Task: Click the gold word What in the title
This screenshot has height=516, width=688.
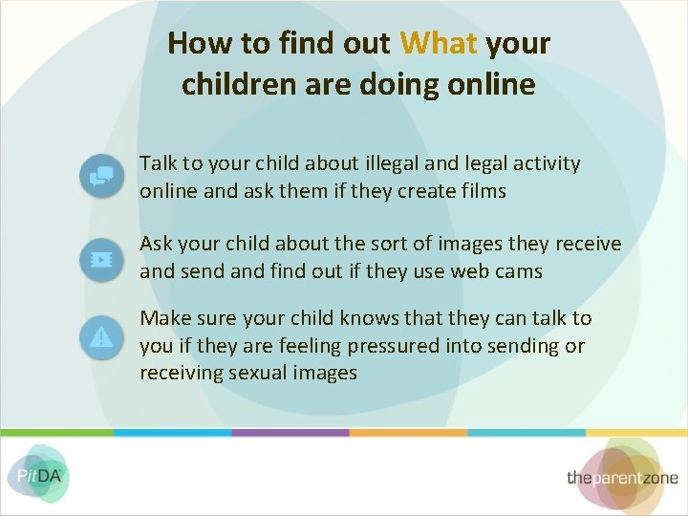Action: tap(439, 43)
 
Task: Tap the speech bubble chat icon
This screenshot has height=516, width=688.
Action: tap(100, 176)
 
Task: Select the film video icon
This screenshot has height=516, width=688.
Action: tap(100, 258)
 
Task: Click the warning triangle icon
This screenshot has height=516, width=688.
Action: tap(100, 336)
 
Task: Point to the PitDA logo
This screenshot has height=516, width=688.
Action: tap(37, 473)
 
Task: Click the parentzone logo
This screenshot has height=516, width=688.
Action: tap(622, 476)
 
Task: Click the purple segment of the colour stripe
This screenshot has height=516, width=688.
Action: tap(290, 432)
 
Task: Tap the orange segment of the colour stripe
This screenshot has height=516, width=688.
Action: tap(408, 432)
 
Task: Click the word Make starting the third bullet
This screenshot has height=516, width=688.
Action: tap(164, 318)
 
